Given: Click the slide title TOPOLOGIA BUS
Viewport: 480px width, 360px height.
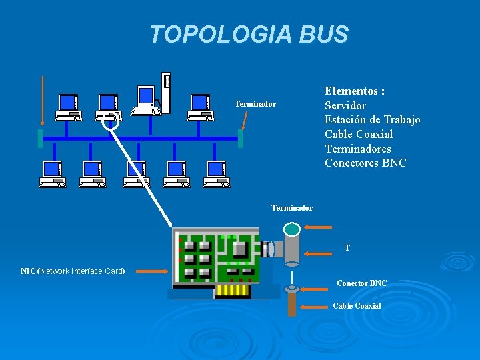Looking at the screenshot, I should tap(249, 34).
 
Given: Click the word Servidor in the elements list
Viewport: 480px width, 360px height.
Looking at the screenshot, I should tap(345, 105).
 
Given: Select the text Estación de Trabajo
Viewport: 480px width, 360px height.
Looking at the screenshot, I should tap(372, 120).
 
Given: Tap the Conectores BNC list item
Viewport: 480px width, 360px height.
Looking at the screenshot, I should tap(365, 163).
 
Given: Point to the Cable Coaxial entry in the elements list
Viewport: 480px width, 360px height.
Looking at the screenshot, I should tap(359, 134).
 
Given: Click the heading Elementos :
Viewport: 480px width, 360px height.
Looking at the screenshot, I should tap(355, 91).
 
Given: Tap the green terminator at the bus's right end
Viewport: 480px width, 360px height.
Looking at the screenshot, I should tap(240, 139).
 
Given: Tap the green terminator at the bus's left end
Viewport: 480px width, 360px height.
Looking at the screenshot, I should tap(41, 139).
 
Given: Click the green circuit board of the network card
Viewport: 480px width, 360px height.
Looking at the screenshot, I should tap(215, 257).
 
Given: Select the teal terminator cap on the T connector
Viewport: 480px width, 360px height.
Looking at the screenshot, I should tap(292, 229).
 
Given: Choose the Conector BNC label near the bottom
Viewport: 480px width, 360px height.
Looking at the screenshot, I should tap(361, 283).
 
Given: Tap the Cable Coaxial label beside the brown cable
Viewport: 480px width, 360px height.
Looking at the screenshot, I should tap(357, 306).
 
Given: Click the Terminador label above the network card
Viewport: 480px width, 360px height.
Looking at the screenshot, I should tap(291, 208).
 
